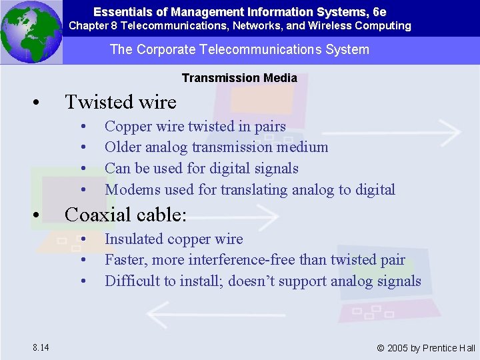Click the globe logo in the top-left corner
31,32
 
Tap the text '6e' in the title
379,12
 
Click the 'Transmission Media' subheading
239,78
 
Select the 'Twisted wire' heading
120,102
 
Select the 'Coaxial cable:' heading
125,215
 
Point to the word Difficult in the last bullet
131,281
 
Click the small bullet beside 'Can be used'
84,169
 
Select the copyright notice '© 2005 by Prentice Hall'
426,348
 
